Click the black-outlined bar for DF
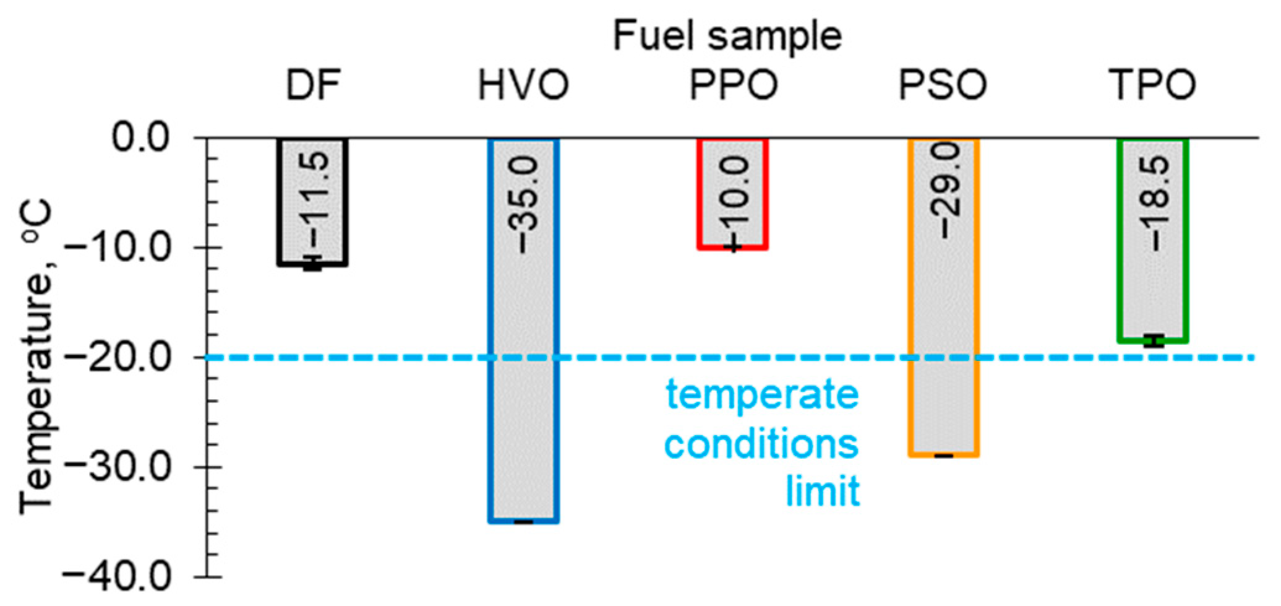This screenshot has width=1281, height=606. click(x=313, y=201)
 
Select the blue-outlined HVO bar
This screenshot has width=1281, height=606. click(x=523, y=371)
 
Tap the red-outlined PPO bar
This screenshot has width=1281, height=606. click(x=733, y=193)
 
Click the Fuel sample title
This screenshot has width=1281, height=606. click(x=727, y=35)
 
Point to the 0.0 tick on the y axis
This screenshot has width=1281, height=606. click(x=140, y=137)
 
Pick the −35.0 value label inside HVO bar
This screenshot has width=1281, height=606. click(x=526, y=204)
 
